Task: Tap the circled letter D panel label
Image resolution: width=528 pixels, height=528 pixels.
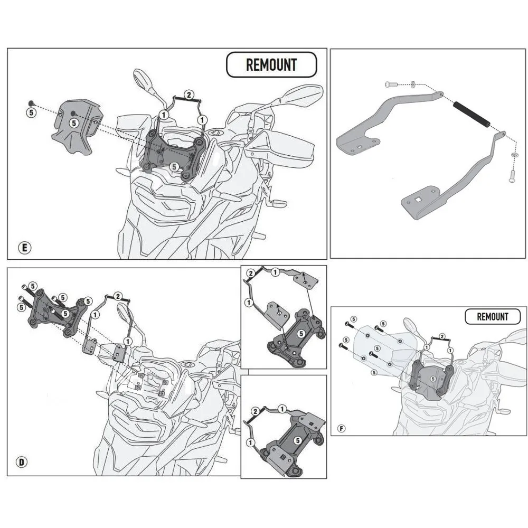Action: [x=22, y=463]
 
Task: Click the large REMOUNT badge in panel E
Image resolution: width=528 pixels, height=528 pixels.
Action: [x=271, y=65]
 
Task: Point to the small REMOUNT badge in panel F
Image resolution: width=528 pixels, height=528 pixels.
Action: [x=492, y=317]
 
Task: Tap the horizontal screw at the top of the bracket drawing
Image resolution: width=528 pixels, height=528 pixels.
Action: [x=390, y=84]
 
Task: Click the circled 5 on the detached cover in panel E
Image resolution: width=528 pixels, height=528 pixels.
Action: [x=74, y=122]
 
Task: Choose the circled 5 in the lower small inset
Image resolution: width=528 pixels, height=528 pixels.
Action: [x=298, y=439]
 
